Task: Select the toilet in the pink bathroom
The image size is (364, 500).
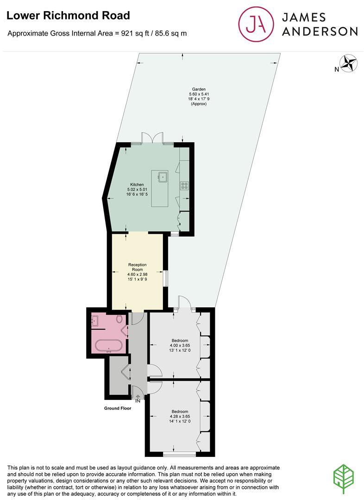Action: coord(119,319)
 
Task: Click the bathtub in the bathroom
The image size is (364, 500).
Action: coord(109,346)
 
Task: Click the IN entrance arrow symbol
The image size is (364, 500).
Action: coord(138,397)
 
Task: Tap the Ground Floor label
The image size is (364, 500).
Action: coord(117,408)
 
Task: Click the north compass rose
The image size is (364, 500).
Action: coord(348,63)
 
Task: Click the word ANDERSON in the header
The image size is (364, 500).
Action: coord(320,31)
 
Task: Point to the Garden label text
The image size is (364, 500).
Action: coord(199,89)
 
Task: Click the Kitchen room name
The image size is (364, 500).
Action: coord(137,184)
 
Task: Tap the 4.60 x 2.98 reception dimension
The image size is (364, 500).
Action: coord(138,274)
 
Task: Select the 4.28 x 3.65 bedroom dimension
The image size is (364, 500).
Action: coord(180,416)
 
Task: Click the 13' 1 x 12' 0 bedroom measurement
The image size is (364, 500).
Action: coord(180,350)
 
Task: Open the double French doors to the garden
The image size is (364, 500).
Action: coord(153,138)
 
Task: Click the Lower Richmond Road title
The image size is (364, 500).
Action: coord(68,15)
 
